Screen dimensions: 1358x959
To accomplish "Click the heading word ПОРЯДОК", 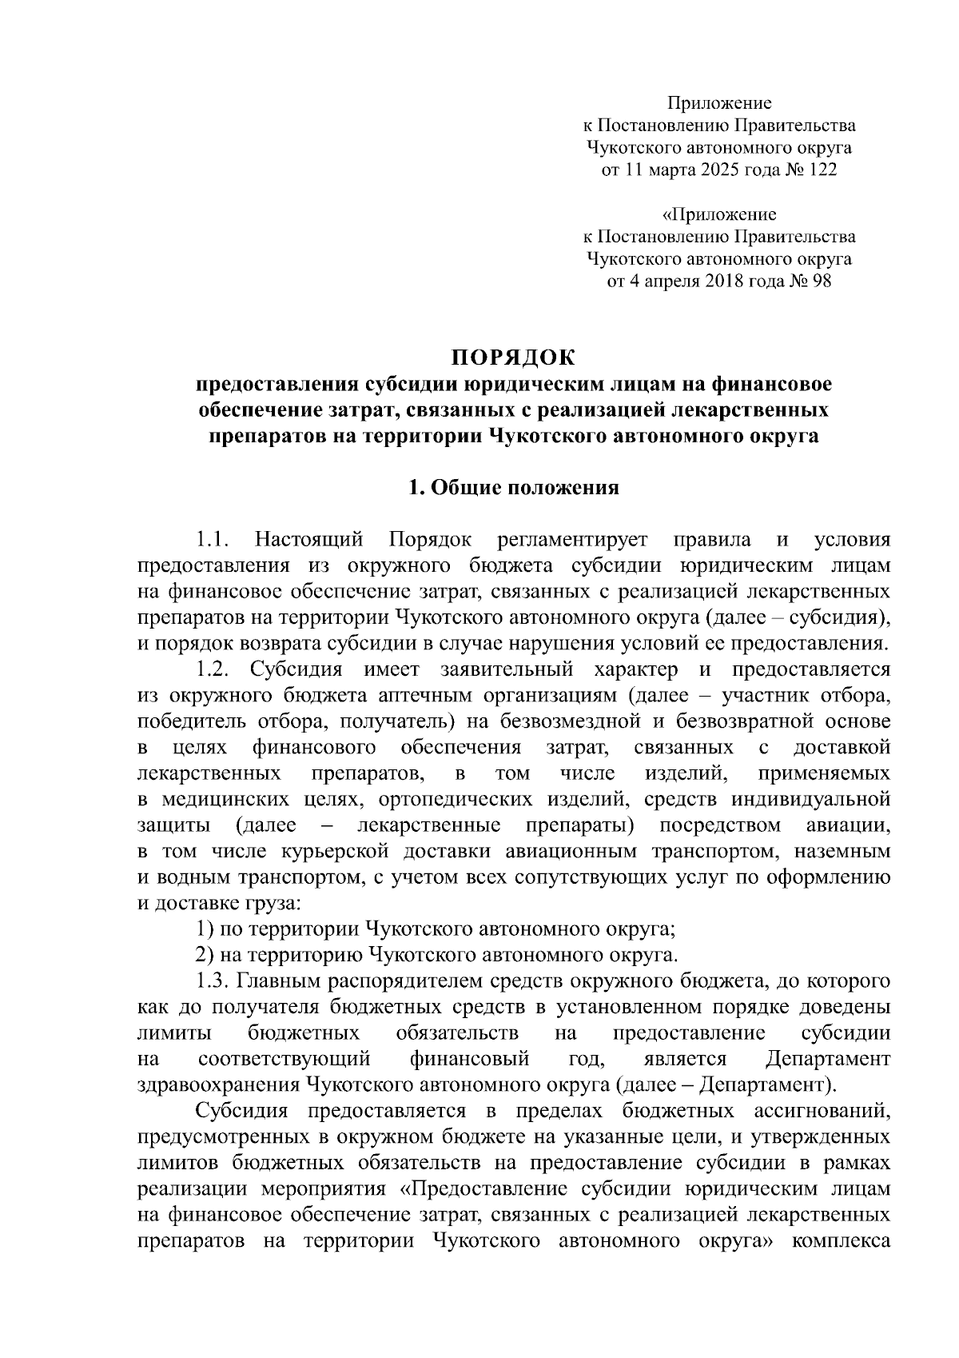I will click(514, 355).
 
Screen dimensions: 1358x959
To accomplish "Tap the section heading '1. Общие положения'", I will click(514, 488).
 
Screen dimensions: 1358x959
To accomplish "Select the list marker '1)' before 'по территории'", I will click(205, 929).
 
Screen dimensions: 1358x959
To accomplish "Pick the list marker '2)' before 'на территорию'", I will click(205, 954).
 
